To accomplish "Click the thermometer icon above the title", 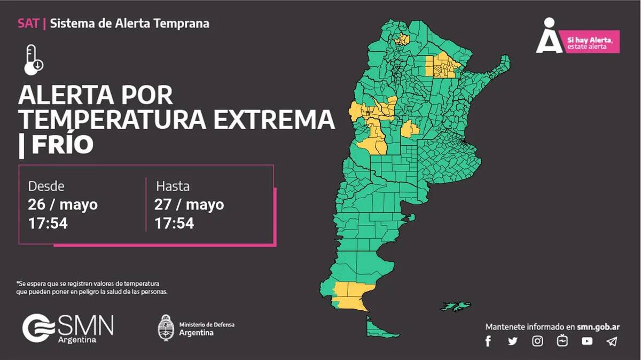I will (33, 60).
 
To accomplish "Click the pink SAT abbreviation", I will (28, 24).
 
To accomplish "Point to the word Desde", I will (46, 186).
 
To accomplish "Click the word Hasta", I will (173, 186).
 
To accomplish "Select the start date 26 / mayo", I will (63, 205).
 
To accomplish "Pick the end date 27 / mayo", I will (189, 205).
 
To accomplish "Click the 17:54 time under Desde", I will (48, 223).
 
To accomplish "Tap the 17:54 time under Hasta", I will (174, 223).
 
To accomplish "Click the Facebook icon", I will (488, 341).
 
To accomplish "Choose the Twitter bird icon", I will (513, 341).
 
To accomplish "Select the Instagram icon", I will (537, 341).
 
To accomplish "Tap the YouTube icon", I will (587, 341).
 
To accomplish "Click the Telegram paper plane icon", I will (612, 341).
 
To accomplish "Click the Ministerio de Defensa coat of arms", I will (166, 328).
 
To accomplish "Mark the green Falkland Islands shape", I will (455, 307).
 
